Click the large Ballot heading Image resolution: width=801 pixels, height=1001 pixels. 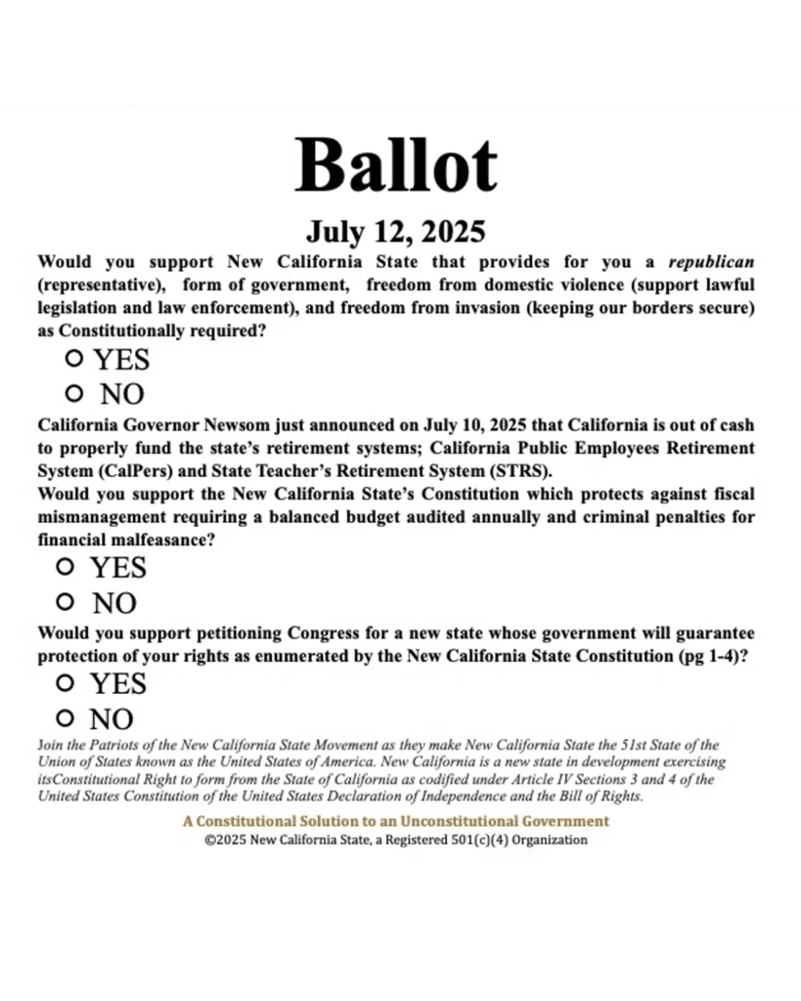pyautogui.click(x=396, y=164)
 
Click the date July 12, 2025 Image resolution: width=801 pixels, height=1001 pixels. pyautogui.click(x=395, y=232)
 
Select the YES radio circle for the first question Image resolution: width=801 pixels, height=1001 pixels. pyautogui.click(x=73, y=359)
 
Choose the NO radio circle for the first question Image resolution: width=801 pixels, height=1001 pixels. pyautogui.click(x=73, y=394)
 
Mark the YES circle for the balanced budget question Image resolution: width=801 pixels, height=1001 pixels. pyautogui.click(x=66, y=566)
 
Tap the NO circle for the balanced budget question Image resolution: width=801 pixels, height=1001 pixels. pyautogui.click(x=66, y=602)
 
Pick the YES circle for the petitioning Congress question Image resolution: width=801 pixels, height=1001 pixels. pyautogui.click(x=66, y=682)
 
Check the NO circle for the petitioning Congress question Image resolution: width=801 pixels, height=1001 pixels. pyautogui.click(x=66, y=718)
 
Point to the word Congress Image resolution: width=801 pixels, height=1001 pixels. pyautogui.click(x=324, y=633)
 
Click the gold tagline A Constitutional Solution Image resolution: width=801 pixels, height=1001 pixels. pyautogui.click(x=395, y=821)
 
